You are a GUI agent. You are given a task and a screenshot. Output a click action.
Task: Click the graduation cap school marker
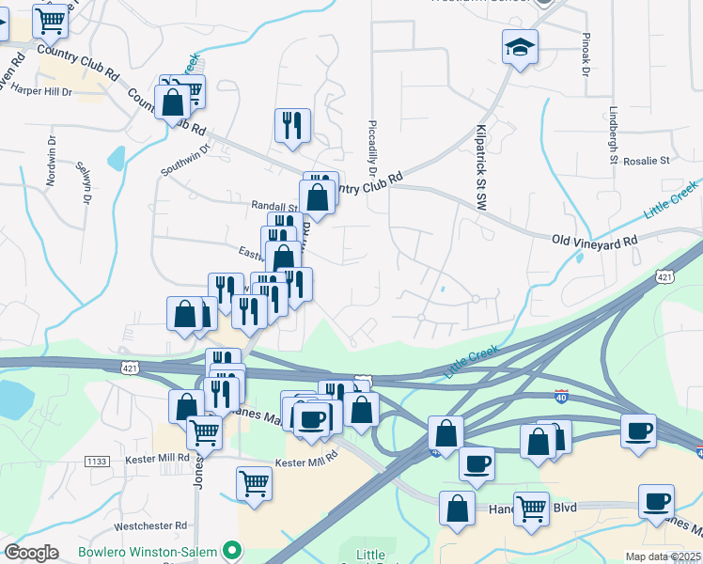click(x=519, y=47)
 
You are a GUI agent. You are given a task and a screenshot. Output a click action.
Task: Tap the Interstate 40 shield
click(x=562, y=399)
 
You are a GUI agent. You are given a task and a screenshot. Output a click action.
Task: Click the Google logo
click(x=30, y=553)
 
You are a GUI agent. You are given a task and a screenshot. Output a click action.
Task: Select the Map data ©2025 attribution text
click(x=663, y=556)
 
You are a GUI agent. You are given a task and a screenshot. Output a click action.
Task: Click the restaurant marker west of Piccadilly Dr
click(x=292, y=125)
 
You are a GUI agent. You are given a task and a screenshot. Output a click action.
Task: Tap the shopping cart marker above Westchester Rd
click(x=254, y=483)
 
